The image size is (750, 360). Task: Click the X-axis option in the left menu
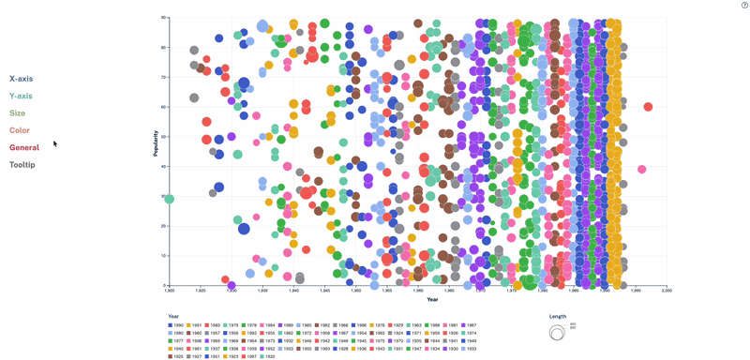(x=21, y=79)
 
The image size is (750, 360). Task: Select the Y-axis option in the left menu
(x=21, y=96)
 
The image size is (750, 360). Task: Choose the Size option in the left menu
(x=17, y=113)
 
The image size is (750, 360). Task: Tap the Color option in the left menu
(x=19, y=130)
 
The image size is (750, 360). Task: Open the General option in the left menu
(x=24, y=147)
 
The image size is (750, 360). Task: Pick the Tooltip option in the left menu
(x=22, y=165)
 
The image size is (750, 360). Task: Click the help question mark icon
(x=744, y=6)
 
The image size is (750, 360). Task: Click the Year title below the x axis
(x=432, y=300)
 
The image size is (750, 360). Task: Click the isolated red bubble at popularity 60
(x=648, y=107)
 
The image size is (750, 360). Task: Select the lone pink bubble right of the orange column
(x=641, y=170)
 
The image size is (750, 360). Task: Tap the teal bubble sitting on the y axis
(x=169, y=199)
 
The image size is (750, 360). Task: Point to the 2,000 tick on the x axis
(x=666, y=291)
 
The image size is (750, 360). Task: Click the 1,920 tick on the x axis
(x=169, y=291)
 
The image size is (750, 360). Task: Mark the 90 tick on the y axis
(x=163, y=18)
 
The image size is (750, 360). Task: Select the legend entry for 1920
(x=267, y=356)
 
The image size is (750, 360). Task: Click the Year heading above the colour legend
(x=173, y=316)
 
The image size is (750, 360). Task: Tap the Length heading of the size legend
(x=557, y=316)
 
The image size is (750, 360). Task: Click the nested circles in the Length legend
(x=557, y=332)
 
